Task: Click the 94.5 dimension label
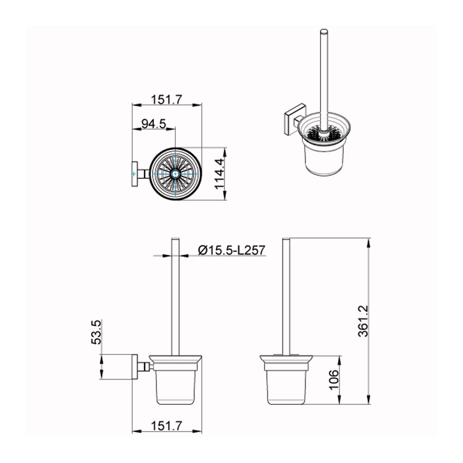[153, 123]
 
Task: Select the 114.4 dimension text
[219, 174]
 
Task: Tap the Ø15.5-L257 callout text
[232, 250]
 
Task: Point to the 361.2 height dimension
[363, 321]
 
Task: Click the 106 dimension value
[334, 380]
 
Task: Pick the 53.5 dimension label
[96, 332]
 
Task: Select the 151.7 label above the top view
[167, 99]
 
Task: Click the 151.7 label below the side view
[167, 426]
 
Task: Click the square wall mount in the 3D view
[294, 119]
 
